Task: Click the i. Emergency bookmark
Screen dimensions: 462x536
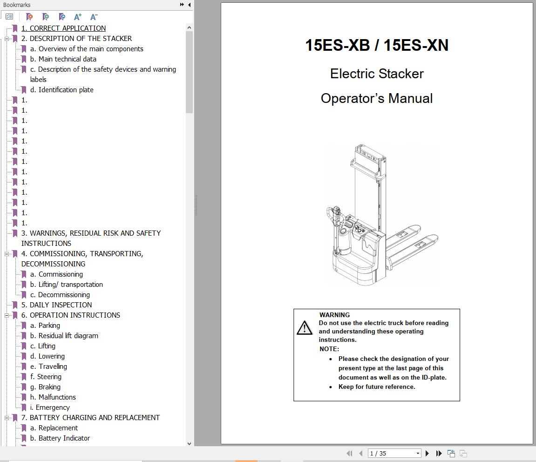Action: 50,408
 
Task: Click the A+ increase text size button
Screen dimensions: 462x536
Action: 77,17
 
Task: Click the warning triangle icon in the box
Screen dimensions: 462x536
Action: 305,328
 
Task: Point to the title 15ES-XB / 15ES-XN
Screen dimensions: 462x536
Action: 377,45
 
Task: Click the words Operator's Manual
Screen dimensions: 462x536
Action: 377,98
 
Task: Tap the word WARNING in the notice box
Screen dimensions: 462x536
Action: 334,315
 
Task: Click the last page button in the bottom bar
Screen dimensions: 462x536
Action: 439,453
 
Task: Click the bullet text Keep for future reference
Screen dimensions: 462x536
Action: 376,387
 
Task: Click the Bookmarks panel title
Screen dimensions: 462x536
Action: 17,5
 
